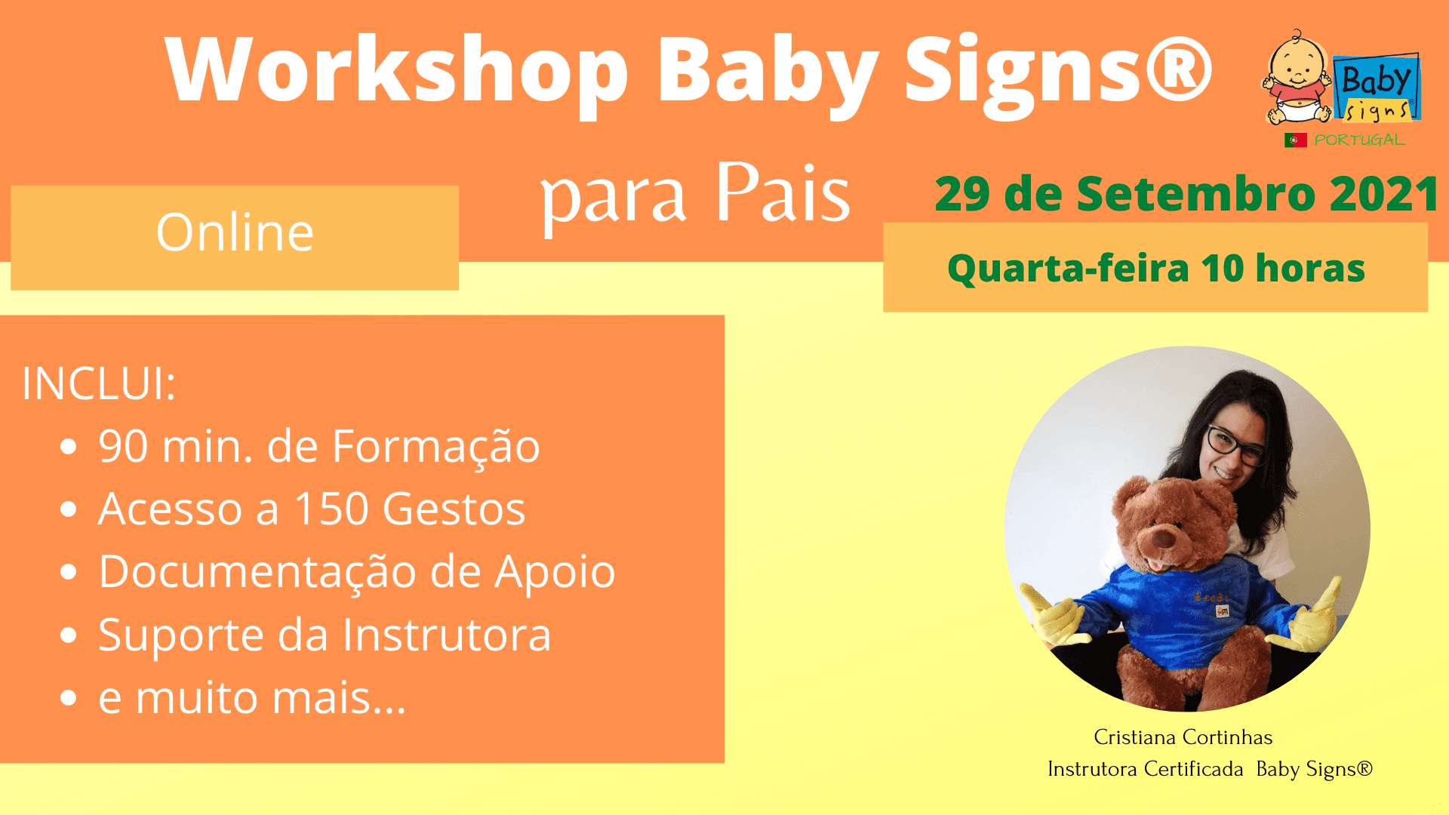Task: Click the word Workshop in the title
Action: pyautogui.click(x=397, y=69)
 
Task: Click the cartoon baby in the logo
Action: pyautogui.click(x=1297, y=78)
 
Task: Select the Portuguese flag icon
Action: pyautogui.click(x=1296, y=140)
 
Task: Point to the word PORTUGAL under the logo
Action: pyautogui.click(x=1359, y=140)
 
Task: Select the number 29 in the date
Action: pyautogui.click(x=962, y=194)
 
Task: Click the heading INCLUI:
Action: pyautogui.click(x=99, y=383)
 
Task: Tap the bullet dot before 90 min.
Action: pyautogui.click(x=69, y=447)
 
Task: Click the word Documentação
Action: pyautogui.click(x=257, y=571)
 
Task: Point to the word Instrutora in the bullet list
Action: pyautogui.click(x=447, y=635)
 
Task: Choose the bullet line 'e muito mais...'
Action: pyautogui.click(x=252, y=697)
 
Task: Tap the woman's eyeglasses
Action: pyautogui.click(x=1235, y=445)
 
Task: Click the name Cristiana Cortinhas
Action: pyautogui.click(x=1183, y=737)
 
